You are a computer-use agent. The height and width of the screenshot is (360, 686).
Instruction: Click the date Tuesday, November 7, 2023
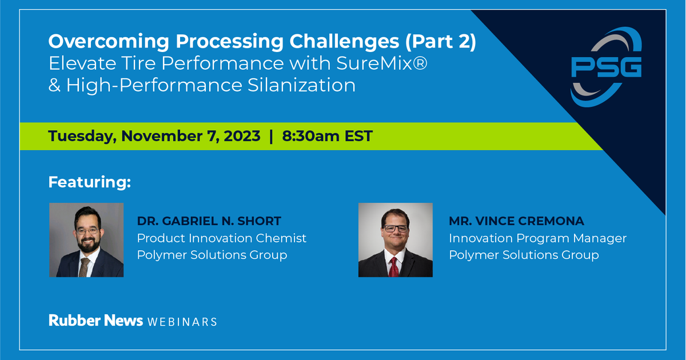154,136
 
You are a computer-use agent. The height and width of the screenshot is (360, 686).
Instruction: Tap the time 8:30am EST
328,136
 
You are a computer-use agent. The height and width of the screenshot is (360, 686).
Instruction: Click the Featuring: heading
90,182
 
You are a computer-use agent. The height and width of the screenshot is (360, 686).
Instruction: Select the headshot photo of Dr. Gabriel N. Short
86,240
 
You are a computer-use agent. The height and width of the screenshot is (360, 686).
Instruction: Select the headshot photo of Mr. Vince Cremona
396,240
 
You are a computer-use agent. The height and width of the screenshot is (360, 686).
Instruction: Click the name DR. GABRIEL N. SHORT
209,221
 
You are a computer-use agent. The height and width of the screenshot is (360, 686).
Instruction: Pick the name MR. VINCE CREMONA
516,221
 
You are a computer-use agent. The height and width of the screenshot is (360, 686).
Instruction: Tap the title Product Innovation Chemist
222,238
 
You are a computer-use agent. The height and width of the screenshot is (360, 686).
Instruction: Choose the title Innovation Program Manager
537,238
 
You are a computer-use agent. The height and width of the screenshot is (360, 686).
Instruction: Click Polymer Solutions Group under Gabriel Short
212,254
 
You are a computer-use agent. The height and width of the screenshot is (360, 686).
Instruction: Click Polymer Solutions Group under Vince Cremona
524,254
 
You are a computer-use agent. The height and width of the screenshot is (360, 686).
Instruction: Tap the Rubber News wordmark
95,321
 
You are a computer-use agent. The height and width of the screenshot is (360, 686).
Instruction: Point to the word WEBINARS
182,322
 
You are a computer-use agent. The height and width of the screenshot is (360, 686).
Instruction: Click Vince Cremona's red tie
394,265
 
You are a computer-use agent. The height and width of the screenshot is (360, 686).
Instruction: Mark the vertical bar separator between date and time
271,136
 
